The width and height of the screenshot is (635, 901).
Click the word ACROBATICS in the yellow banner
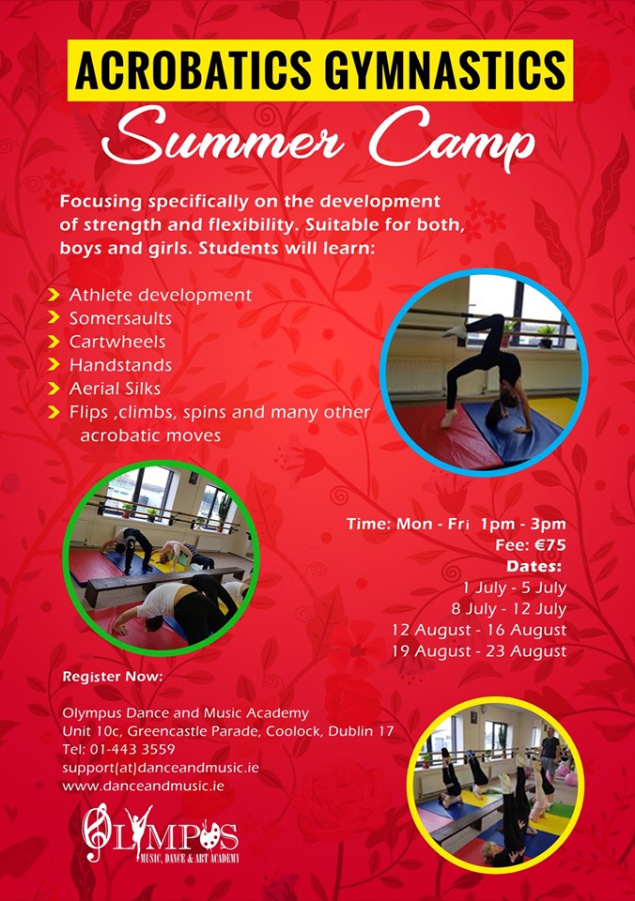(x=194, y=69)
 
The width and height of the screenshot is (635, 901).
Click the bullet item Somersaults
(x=120, y=318)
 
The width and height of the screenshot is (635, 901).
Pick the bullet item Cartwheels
(x=117, y=342)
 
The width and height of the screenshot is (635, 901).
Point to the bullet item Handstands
(x=120, y=365)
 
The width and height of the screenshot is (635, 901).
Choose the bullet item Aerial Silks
(x=115, y=389)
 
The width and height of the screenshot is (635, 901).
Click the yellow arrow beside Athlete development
(x=54, y=296)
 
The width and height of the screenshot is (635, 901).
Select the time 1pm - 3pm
(x=523, y=524)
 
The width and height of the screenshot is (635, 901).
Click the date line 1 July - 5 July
(x=514, y=588)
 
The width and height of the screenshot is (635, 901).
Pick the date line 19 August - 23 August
(x=479, y=651)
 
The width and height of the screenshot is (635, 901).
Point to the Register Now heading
(x=113, y=677)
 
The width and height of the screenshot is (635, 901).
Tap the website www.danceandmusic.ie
(x=143, y=786)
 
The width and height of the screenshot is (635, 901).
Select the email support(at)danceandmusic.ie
(x=161, y=768)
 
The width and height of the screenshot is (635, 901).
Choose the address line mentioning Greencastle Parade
(x=227, y=731)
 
